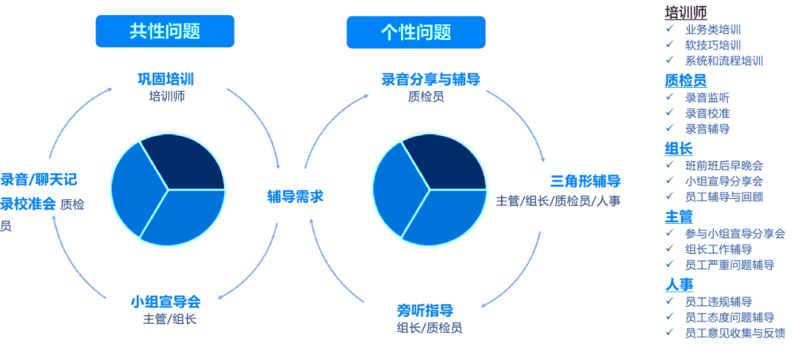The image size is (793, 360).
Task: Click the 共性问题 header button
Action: click(x=165, y=31)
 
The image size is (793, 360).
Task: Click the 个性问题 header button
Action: click(x=416, y=32)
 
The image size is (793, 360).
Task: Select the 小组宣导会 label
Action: click(x=166, y=302)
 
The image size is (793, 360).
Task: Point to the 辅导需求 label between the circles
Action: click(x=295, y=197)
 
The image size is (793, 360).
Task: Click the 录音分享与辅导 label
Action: click(x=431, y=79)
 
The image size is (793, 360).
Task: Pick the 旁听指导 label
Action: click(x=425, y=309)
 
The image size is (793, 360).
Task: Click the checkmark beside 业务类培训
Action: click(x=669, y=29)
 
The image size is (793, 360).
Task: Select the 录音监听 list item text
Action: click(x=707, y=97)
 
